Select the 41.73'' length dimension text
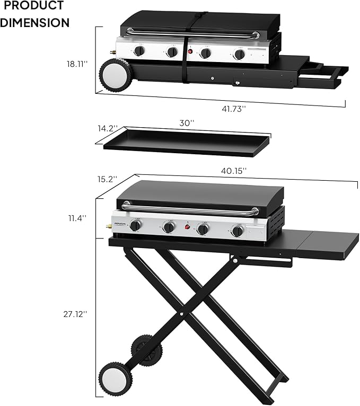(233, 108)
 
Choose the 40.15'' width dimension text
(234, 171)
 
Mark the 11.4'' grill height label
(77, 218)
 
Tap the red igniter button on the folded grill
(190, 52)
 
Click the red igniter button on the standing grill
(187, 228)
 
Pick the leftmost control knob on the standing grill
(136, 226)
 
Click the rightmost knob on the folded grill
(240, 54)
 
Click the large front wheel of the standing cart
(112, 377)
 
